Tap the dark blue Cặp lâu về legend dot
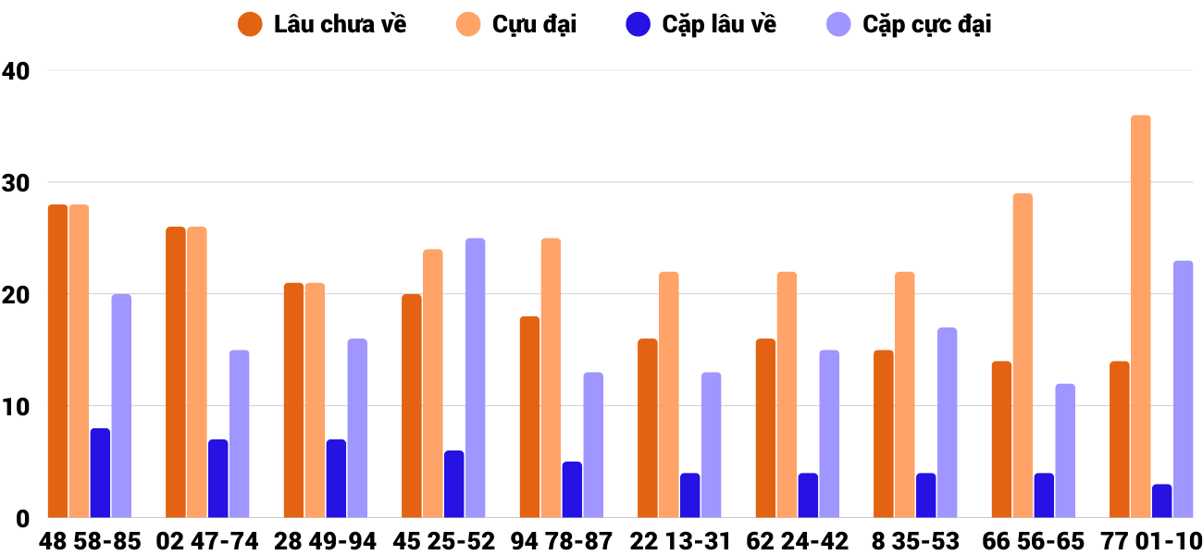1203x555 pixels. tap(639, 25)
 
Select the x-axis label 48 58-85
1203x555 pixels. tap(90, 541)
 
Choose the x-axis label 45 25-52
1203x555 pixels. tap(443, 541)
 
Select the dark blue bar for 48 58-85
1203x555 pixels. tap(100, 473)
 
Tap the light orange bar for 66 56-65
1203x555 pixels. tap(1023, 355)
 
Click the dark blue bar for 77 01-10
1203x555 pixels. tap(1161, 500)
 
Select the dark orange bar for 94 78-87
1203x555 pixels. tap(529, 416)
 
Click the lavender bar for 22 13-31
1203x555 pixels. tap(711, 445)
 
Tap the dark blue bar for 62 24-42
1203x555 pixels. tap(808, 495)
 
